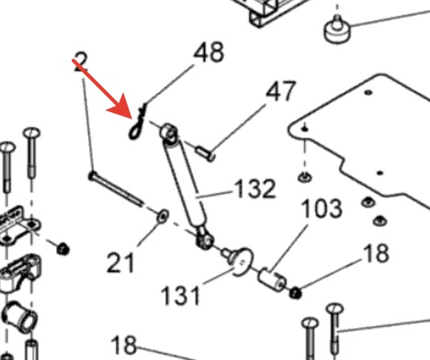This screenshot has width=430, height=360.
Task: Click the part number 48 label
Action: [209, 52]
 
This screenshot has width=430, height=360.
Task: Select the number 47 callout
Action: [281, 91]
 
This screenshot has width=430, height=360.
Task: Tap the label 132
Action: [255, 188]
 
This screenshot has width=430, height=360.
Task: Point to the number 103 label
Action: [322, 208]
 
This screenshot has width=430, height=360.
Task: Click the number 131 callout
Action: [181, 295]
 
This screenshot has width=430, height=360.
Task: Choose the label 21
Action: [120, 263]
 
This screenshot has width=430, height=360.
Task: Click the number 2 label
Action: [81, 62]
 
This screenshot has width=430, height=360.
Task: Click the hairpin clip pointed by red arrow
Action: [137, 122]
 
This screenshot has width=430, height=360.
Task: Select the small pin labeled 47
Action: [205, 153]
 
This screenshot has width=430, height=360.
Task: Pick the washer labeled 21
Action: [163, 216]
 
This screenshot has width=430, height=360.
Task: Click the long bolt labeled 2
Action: [116, 189]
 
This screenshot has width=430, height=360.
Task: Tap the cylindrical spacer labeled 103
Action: [273, 279]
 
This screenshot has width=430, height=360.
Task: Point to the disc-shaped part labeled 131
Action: [241, 261]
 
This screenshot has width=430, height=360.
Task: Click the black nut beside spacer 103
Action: [296, 293]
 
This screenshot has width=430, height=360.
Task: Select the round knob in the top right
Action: [337, 29]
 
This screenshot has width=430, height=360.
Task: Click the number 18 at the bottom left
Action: [124, 345]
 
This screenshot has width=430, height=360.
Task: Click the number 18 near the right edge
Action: [376, 253]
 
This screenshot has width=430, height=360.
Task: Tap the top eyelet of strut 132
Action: [169, 132]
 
